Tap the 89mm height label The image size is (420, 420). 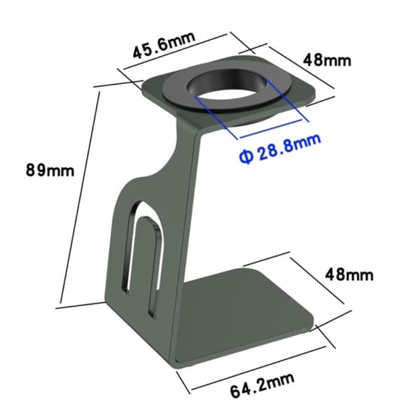(x=50, y=170)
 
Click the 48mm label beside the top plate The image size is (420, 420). (x=327, y=60)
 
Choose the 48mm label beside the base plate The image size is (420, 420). (x=349, y=274)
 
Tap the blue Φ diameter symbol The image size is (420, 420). (x=246, y=156)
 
